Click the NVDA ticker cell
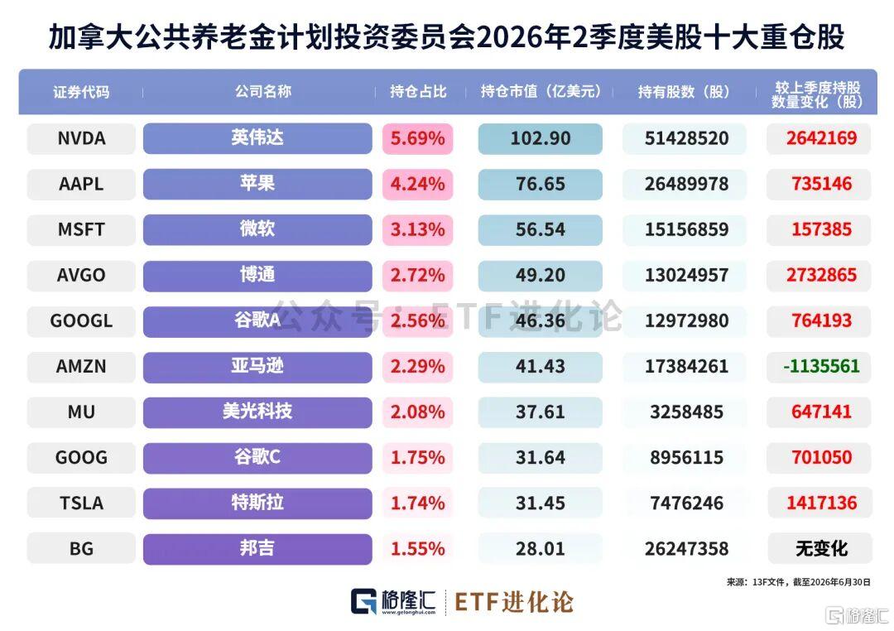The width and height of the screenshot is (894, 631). click(81, 138)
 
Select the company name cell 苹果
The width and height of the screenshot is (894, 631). click(257, 184)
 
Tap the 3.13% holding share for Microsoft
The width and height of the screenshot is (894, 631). click(417, 229)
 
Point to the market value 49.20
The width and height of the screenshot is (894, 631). click(540, 275)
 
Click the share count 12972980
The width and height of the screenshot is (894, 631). click(686, 320)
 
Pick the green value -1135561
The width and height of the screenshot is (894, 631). click(821, 366)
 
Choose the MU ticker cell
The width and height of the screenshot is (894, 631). click(81, 412)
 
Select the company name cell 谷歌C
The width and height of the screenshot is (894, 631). click(257, 458)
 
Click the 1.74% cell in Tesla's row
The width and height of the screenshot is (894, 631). click(417, 503)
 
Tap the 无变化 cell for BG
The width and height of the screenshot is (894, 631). click(821, 549)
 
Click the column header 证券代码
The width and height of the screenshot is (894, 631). click(81, 92)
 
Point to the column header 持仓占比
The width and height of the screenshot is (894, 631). click(418, 91)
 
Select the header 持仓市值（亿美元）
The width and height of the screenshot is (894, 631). click(541, 91)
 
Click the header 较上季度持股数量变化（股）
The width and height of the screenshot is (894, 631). click(817, 94)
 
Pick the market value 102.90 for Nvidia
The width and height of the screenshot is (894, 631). click(540, 138)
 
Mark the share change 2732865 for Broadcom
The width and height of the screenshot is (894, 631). click(821, 275)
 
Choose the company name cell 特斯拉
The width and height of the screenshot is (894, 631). click(257, 503)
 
